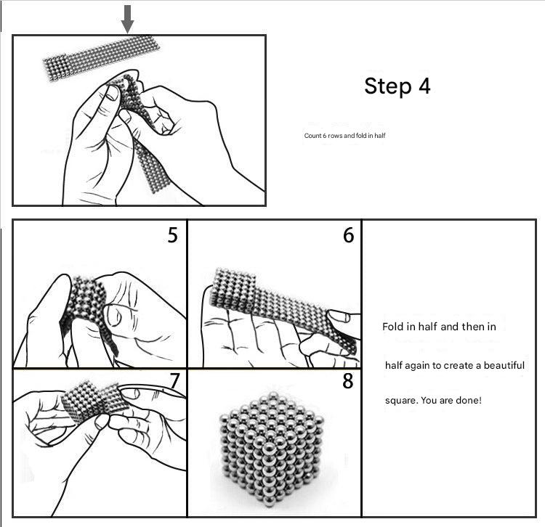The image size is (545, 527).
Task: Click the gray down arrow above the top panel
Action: pos(127,19)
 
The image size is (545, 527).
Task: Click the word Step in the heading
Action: pos(387,87)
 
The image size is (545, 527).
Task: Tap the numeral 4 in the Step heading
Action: pos(424,86)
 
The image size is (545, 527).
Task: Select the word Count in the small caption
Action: pos(312,136)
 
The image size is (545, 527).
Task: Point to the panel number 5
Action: pos(172,235)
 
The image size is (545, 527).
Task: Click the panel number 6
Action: pos(348,235)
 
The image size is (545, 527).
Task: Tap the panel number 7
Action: pos(175,381)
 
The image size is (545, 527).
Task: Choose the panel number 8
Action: pos(347,381)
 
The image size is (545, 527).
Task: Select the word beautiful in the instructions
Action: pos(504,365)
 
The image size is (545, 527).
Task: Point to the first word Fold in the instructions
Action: pos(392,327)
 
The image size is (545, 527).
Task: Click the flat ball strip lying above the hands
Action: pos(101,57)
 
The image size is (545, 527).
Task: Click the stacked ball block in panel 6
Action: pos(233,289)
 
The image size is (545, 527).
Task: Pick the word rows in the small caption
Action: pos(335,136)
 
